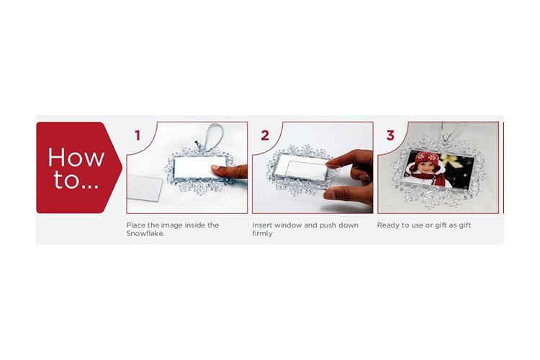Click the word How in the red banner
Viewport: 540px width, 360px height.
click(76, 158)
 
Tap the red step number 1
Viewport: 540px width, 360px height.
click(138, 135)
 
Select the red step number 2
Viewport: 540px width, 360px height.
click(265, 135)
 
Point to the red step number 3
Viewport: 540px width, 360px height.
click(390, 135)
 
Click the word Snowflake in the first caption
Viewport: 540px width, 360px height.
click(145, 233)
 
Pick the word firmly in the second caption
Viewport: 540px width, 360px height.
click(262, 233)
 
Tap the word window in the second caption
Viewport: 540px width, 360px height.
click(288, 225)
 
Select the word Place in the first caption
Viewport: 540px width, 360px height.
click(135, 225)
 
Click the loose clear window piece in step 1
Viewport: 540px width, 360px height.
click(144, 188)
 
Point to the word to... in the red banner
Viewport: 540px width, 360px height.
click(76, 180)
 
